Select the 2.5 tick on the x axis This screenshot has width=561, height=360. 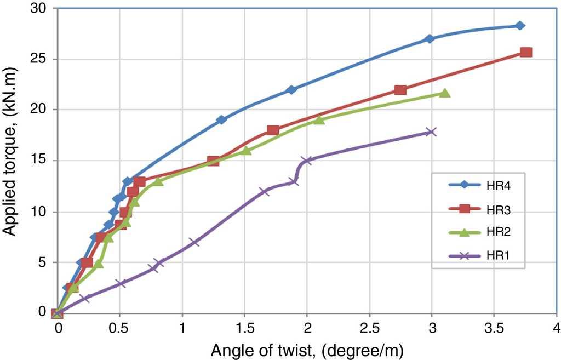(x=369, y=328)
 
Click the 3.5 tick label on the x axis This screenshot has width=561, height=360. (x=494, y=328)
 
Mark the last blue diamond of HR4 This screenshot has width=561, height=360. (x=520, y=26)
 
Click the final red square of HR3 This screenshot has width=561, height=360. (x=526, y=53)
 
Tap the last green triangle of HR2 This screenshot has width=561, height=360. (x=444, y=93)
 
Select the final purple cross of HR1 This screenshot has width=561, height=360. (x=431, y=132)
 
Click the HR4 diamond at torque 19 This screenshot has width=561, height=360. (x=221, y=120)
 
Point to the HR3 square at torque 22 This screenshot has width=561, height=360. (x=400, y=90)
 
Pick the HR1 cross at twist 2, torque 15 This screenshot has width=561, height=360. (x=307, y=161)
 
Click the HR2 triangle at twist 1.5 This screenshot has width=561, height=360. (x=246, y=150)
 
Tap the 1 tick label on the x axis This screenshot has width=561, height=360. (x=182, y=328)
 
